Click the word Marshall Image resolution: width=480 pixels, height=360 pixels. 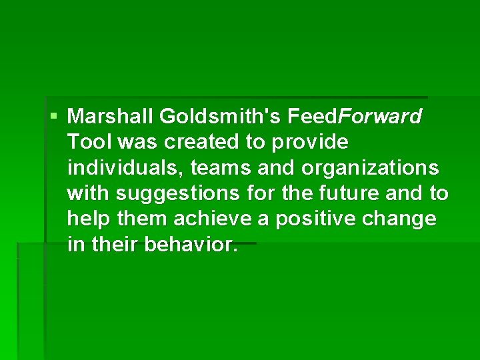111,117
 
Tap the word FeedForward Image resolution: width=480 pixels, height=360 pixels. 355,117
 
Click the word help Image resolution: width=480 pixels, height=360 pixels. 87,219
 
